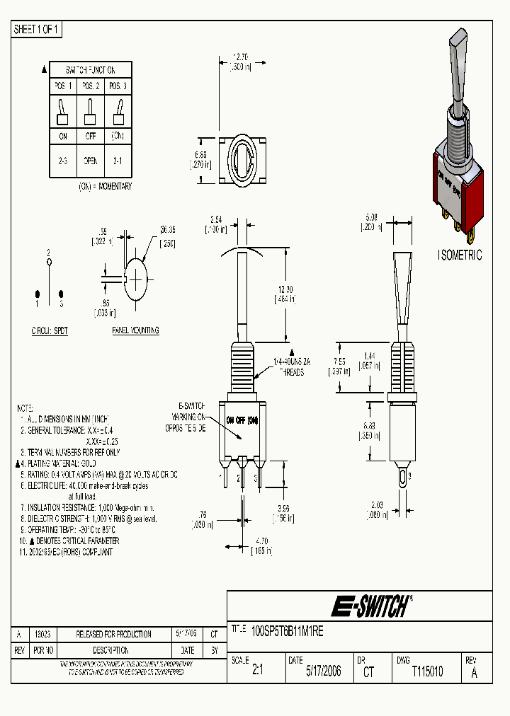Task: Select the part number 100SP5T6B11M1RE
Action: pyautogui.click(x=287, y=632)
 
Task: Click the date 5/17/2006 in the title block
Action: pyautogui.click(x=323, y=671)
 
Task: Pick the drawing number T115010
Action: pyautogui.click(x=427, y=671)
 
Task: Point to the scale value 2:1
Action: pyautogui.click(x=257, y=671)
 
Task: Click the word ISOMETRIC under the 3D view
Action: pyautogui.click(x=460, y=255)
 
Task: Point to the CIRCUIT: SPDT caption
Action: pyautogui.click(x=50, y=330)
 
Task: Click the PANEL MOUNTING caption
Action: pyautogui.click(x=135, y=330)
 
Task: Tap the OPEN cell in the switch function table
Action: pyautogui.click(x=91, y=161)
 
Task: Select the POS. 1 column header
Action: pyautogui.click(x=63, y=86)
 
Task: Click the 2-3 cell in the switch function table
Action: pyautogui.click(x=63, y=161)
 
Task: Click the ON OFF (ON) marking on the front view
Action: pyautogui.click(x=242, y=420)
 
